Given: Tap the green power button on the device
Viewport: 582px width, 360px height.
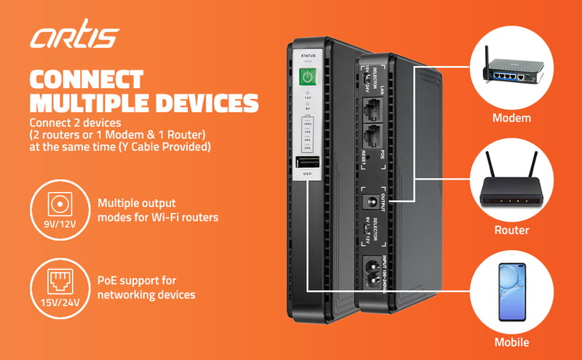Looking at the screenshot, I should (308, 77).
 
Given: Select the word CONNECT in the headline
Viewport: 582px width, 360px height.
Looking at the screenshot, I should (87, 79).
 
